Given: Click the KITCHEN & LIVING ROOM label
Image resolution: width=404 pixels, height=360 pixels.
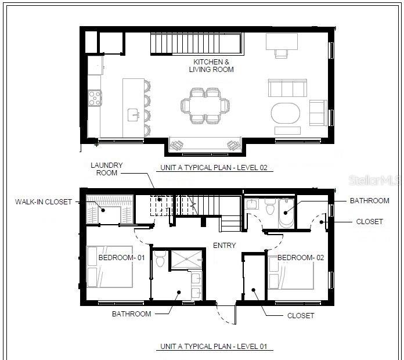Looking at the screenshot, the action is click(x=211, y=66).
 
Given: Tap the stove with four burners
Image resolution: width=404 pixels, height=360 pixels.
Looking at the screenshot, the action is click(x=95, y=98).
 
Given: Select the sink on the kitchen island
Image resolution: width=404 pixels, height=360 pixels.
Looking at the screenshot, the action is click(x=134, y=114).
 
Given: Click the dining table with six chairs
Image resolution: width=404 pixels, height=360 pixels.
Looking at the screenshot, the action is click(x=205, y=106).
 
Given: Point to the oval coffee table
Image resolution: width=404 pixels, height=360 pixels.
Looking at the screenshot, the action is click(x=286, y=113).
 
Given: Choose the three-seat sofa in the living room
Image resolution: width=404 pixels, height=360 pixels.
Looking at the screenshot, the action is click(x=287, y=88).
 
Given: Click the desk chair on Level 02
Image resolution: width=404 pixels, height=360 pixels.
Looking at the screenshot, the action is click(x=281, y=53).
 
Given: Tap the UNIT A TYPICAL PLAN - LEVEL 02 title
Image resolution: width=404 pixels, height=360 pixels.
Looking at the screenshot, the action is click(x=214, y=168).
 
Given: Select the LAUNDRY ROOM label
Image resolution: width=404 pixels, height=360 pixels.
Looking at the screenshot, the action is click(x=107, y=169).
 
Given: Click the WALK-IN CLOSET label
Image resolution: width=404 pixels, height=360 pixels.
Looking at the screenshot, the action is click(x=44, y=202).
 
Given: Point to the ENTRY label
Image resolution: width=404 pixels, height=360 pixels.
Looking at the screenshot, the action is click(x=225, y=246).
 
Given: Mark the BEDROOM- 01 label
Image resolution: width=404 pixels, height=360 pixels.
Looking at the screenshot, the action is click(x=122, y=257).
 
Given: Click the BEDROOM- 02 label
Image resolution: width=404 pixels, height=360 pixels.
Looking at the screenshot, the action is click(x=301, y=257).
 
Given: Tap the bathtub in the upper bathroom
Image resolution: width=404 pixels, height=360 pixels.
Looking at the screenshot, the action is click(x=286, y=213).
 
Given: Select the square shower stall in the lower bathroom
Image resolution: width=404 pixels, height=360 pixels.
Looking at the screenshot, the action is click(x=187, y=259).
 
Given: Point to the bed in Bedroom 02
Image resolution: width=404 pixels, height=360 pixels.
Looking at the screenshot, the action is click(x=291, y=273).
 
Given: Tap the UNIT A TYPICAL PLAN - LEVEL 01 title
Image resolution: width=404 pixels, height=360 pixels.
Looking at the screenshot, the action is click(x=214, y=346).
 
